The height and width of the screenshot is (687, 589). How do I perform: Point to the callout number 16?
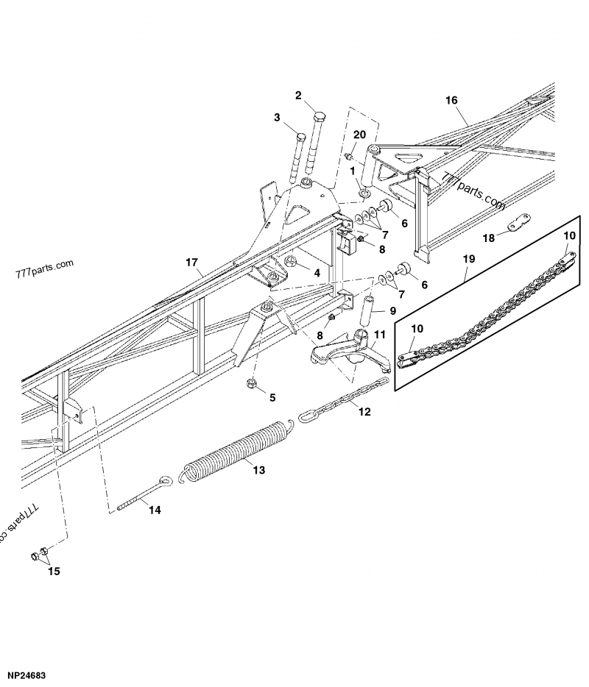[x=451, y=99]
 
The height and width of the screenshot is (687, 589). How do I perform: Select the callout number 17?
[x=192, y=262]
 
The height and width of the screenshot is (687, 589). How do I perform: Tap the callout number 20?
[x=359, y=135]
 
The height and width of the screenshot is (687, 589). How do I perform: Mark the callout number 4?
[x=317, y=272]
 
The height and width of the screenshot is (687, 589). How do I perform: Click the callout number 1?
[x=353, y=171]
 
